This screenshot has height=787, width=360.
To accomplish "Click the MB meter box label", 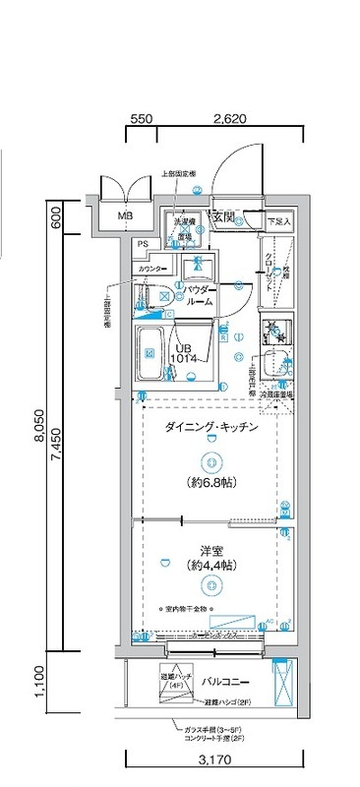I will click(125, 215).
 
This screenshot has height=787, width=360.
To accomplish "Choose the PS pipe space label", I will click(144, 244).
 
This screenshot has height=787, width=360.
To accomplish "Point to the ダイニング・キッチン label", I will click(211, 428).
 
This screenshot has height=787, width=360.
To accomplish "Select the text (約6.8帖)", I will click(210, 484).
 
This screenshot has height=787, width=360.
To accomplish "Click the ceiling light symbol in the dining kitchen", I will click(209, 459).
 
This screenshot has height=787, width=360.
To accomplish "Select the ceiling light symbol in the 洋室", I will click(209, 587).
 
